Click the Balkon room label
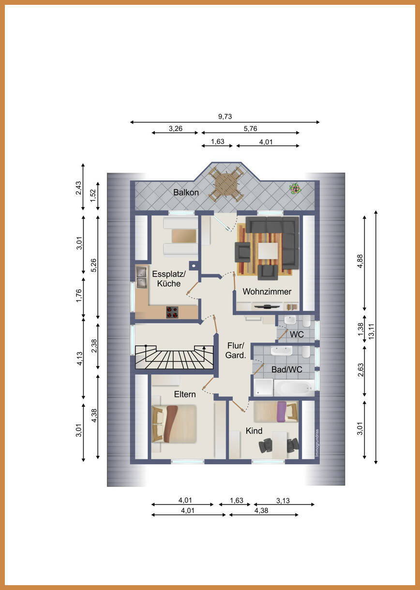[186, 192]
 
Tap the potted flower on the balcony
[295, 188]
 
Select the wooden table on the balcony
[226, 184]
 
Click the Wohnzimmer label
[267, 292]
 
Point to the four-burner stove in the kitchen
[172, 312]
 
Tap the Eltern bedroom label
[185, 394]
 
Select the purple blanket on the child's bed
[282, 412]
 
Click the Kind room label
[254, 431]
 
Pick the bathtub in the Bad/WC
[294, 388]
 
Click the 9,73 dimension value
[225, 117]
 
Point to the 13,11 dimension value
[371, 331]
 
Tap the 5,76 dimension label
[250, 129]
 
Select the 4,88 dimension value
[360, 261]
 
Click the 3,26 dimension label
[176, 129]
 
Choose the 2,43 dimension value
[78, 188]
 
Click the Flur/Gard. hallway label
[236, 350]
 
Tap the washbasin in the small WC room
[290, 320]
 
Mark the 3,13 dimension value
[283, 501]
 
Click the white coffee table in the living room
[268, 251]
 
